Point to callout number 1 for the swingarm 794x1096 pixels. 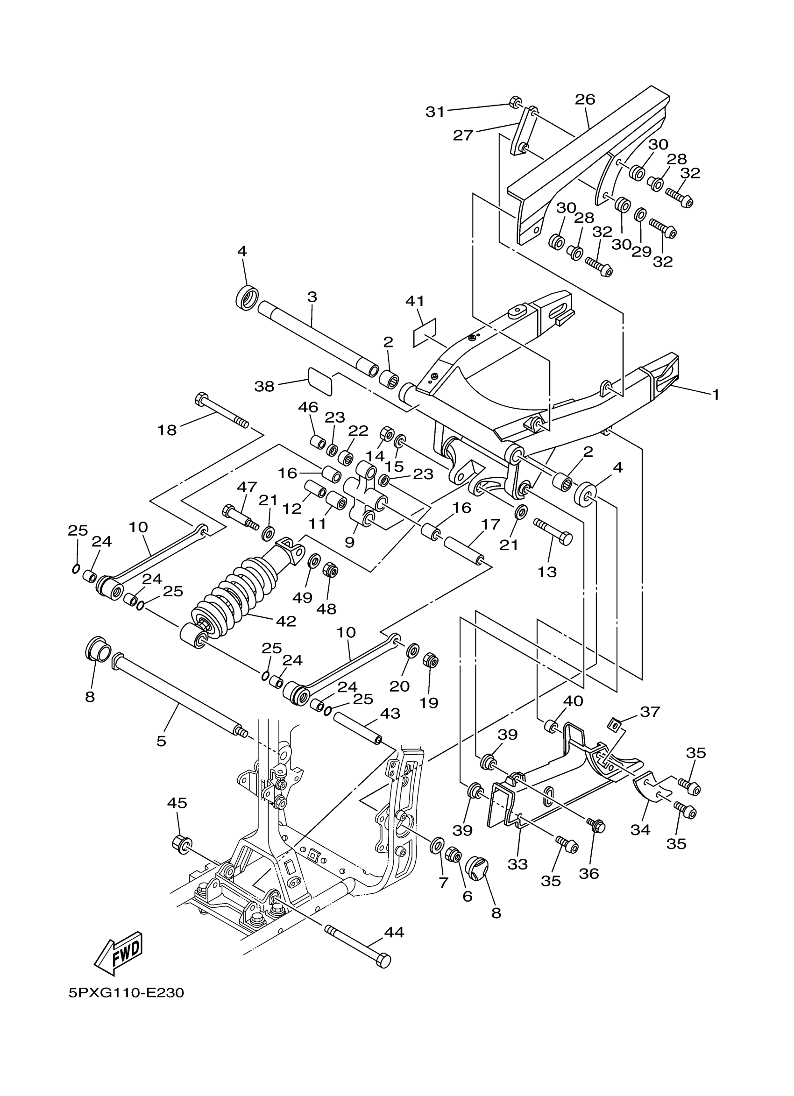(716, 395)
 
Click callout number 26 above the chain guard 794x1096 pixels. (585, 99)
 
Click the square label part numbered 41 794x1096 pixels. (425, 332)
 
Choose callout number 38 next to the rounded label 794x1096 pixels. (264, 386)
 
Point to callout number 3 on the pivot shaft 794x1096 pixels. (312, 297)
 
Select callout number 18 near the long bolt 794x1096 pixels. (167, 430)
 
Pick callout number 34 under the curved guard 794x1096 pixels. (640, 829)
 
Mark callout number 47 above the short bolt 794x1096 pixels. (247, 487)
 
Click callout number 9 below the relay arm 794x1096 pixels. (349, 542)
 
